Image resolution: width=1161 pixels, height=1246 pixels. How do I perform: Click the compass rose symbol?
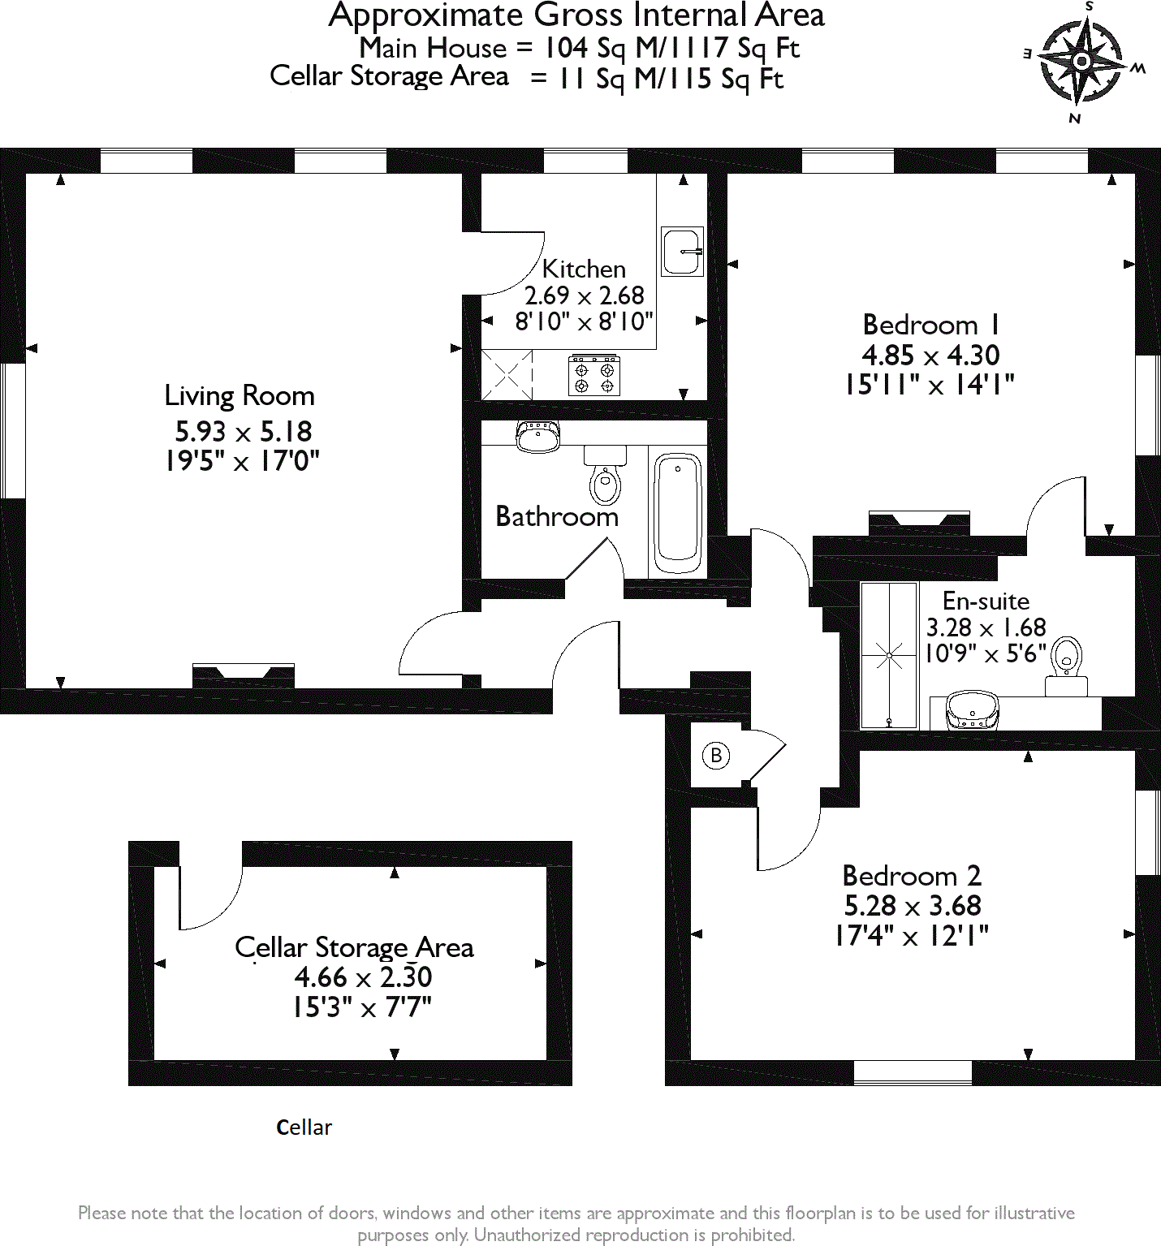[1081, 61]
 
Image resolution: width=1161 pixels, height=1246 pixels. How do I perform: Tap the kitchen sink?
[682, 252]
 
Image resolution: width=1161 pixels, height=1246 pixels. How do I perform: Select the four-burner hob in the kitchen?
[594, 375]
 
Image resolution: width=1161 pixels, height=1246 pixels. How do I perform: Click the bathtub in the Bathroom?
[678, 511]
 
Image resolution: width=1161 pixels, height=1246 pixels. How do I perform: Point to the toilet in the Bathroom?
[605, 479]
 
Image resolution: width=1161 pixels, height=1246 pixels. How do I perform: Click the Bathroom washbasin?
[537, 436]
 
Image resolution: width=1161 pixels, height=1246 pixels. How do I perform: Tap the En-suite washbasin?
[972, 710]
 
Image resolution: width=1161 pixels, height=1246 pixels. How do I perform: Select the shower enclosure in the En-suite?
[889, 654]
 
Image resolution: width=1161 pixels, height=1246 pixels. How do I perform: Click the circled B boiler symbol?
[716, 756]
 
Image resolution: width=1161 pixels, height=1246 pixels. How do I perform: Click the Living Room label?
[240, 395]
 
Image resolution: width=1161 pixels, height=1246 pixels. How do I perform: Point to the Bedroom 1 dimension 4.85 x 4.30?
[930, 356]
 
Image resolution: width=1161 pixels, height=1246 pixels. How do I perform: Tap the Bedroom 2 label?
[912, 876]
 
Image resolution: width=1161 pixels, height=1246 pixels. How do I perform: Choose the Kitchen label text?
[584, 269]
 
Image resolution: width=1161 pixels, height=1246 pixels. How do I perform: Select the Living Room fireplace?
[244, 675]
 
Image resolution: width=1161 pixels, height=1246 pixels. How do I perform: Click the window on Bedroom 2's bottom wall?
[913, 1072]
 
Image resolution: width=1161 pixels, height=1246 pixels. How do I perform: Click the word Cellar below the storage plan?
[304, 1127]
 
